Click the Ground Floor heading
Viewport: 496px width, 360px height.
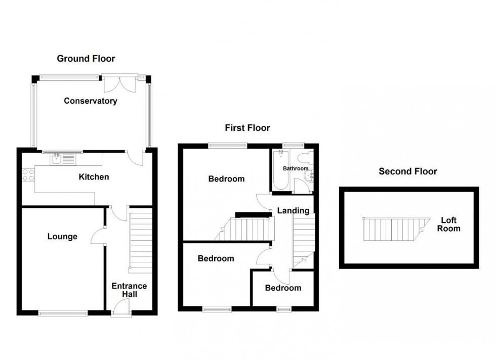pyautogui.click(x=86, y=59)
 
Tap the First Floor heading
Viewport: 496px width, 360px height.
pyautogui.click(x=247, y=128)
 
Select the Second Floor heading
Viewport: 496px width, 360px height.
pyautogui.click(x=408, y=171)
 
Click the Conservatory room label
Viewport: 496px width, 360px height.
pyautogui.click(x=90, y=101)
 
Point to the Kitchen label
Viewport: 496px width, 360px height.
pyautogui.click(x=94, y=177)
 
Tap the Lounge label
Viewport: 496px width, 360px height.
pyautogui.click(x=62, y=236)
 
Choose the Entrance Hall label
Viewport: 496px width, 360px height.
pyautogui.click(x=129, y=290)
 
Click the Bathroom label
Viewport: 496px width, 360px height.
pyautogui.click(x=296, y=168)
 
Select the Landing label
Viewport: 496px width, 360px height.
pyautogui.click(x=293, y=210)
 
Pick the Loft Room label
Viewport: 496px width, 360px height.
pyautogui.click(x=449, y=224)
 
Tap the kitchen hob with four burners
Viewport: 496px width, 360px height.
pyautogui.click(x=28, y=175)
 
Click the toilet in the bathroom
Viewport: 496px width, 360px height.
pyautogui.click(x=305, y=157)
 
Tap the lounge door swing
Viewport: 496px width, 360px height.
pyautogui.click(x=98, y=236)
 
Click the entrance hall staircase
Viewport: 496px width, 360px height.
pyautogui.click(x=141, y=243)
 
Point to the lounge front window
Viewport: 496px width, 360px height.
pyautogui.click(x=62, y=313)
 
